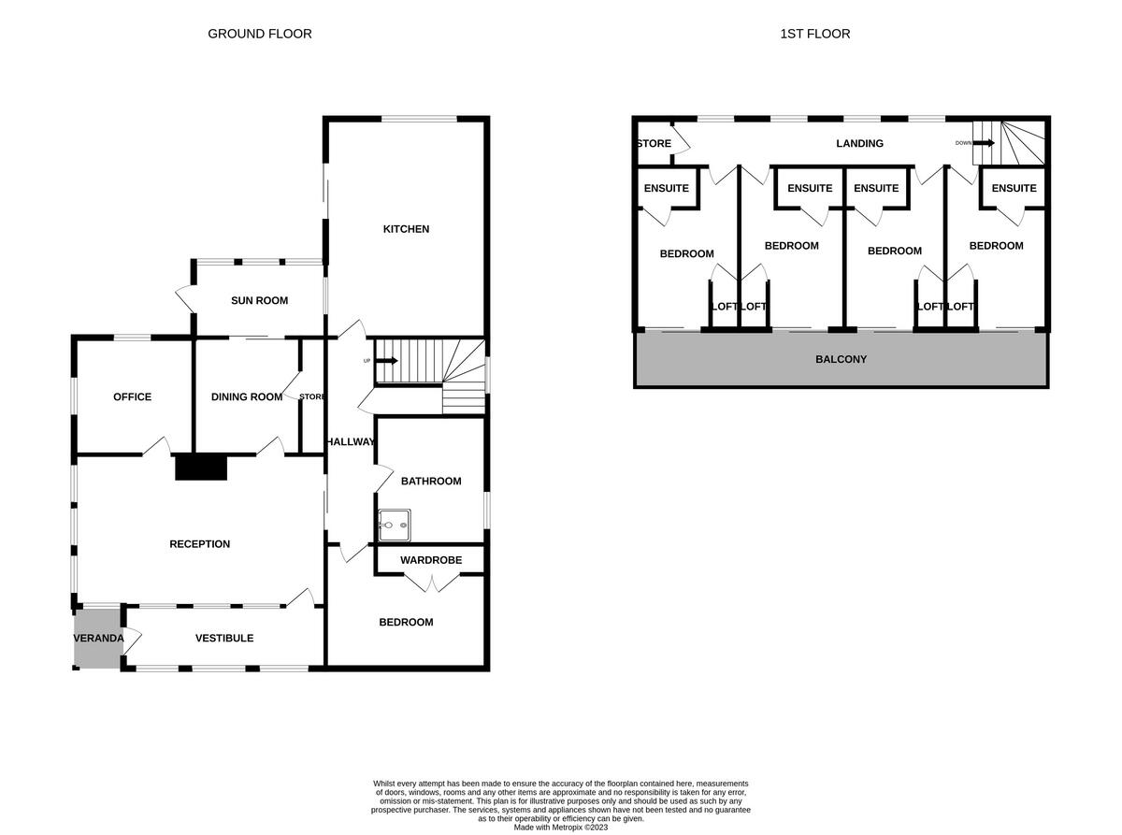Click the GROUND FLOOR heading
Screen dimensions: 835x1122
[x=259, y=34]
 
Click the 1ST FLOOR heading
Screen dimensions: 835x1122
[x=814, y=34]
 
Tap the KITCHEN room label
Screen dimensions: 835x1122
[x=406, y=229]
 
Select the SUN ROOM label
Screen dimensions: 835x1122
[x=259, y=300]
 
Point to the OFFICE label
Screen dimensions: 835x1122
[x=132, y=396]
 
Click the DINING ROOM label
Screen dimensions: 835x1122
[x=246, y=396]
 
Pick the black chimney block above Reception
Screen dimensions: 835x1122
[x=201, y=467]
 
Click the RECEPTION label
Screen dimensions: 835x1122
[x=199, y=544]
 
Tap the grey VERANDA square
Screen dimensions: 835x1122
[x=97, y=638]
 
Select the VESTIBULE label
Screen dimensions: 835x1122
[x=223, y=638]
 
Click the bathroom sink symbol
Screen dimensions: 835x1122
[x=394, y=525]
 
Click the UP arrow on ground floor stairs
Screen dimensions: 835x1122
[x=386, y=361]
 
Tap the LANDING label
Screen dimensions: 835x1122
[x=859, y=143]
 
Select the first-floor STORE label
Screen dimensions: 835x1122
[x=654, y=143]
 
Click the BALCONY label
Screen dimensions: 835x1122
[x=841, y=359]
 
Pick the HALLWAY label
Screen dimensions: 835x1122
[x=350, y=442]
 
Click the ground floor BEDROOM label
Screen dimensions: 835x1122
[x=406, y=622]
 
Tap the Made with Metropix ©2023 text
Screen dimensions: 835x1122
[x=561, y=827]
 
